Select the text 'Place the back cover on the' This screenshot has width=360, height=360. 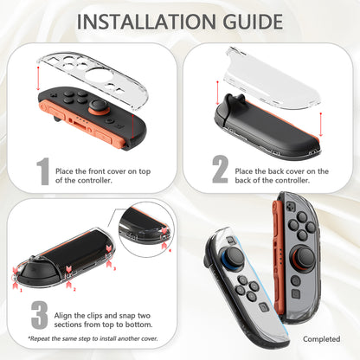pyautogui.click(x=281, y=171)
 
